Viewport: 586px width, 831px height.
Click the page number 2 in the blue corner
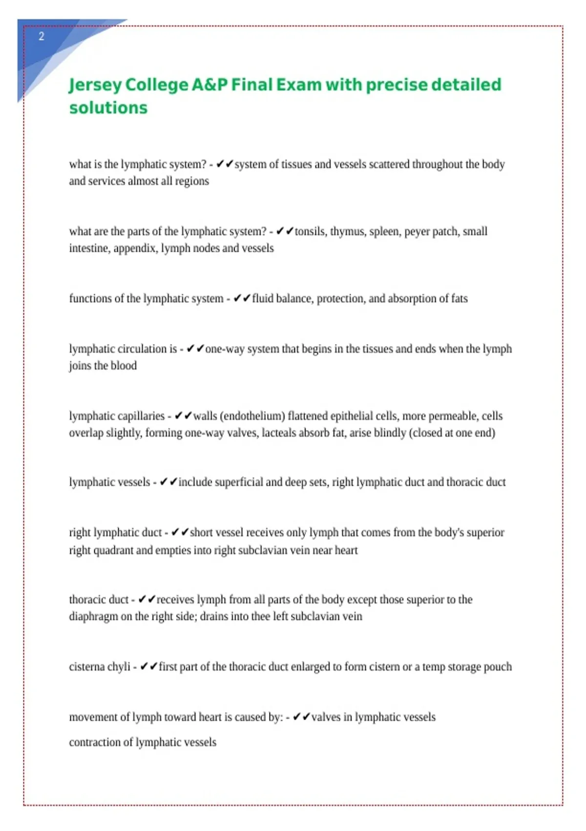42,36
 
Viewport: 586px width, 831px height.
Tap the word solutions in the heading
108,108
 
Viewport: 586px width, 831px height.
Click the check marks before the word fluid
242,298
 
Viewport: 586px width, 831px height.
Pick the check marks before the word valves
301,717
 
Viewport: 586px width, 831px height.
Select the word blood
124,366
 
